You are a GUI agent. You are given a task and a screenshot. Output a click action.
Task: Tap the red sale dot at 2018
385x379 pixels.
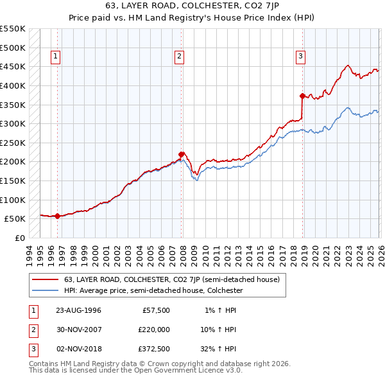tap(302, 96)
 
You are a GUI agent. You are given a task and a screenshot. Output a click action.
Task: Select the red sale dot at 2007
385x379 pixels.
tap(182, 154)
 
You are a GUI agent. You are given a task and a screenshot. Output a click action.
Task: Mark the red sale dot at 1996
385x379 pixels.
tap(58, 216)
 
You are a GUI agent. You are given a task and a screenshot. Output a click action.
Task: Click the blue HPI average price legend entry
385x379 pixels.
tap(153, 291)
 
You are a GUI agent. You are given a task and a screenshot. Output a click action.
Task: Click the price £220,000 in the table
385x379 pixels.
tap(154, 329)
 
